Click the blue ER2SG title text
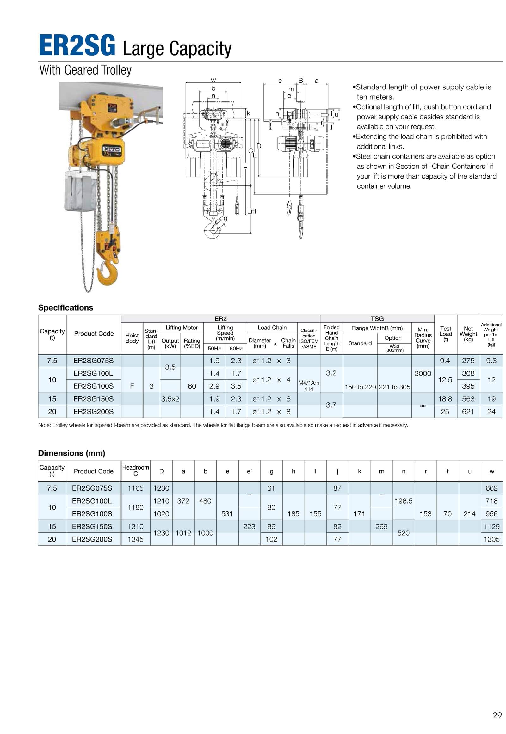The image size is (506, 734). click(77, 45)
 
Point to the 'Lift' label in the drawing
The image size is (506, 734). click(252, 211)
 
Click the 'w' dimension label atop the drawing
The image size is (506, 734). click(213, 80)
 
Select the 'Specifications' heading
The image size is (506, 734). click(66, 308)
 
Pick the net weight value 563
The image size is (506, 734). click(468, 399)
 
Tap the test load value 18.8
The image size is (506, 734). click(445, 399)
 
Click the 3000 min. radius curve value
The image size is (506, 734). click(423, 373)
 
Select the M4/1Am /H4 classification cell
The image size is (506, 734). click(309, 386)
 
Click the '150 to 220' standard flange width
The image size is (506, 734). click(360, 387)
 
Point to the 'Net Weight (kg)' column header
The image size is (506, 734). click(468, 334)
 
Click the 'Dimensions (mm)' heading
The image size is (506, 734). click(72, 453)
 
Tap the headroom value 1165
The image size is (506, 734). click(135, 488)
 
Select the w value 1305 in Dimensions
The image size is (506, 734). click(491, 539)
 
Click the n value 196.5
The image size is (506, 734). click(403, 501)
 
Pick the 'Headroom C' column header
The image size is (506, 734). click(135, 470)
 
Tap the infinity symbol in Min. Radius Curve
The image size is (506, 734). click(423, 405)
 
